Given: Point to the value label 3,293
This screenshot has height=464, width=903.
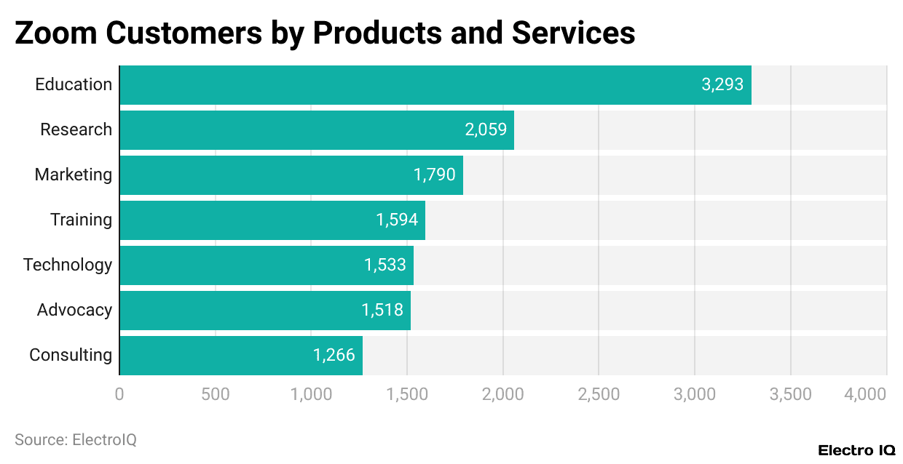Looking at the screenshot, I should pos(722,84).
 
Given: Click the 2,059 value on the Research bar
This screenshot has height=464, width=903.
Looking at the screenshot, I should pos(486,129).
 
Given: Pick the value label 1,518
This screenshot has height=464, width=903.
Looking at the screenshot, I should pos(382,310).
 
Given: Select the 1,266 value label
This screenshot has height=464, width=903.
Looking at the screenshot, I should pos(334,355).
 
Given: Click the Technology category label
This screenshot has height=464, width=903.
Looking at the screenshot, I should pos(68,265).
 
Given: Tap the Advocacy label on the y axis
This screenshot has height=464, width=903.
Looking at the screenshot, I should pos(74,310).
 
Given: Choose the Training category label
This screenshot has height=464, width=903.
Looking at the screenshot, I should pos(81,220).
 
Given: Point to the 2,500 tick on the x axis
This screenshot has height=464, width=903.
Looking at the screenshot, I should pos(599,394).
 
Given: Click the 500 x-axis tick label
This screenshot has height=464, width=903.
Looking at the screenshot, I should pos(215,394).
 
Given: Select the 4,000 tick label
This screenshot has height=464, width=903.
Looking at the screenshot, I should pos(865,394).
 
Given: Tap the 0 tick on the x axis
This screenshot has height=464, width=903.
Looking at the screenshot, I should pos(119,394).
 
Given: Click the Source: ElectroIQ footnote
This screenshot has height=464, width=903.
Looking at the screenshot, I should pos(76,440).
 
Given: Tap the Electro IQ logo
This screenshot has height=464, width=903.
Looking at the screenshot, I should pos(856,450).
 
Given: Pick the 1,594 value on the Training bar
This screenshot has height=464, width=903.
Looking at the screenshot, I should pos(397,220).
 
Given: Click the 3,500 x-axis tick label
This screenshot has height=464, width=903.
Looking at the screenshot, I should pos(790,394).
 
